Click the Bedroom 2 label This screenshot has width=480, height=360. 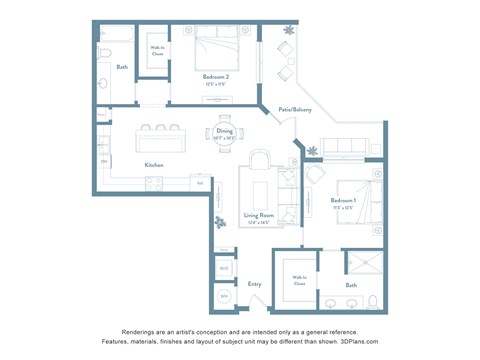point(217,77)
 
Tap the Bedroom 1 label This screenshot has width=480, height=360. point(344,201)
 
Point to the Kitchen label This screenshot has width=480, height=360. point(154,165)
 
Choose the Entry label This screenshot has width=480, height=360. point(255,283)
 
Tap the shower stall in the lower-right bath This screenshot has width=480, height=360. point(365,265)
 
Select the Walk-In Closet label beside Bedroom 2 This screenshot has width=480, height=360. point(157,50)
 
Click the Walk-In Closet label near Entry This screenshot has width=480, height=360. point(299,281)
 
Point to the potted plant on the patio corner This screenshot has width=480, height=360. point(290,30)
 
